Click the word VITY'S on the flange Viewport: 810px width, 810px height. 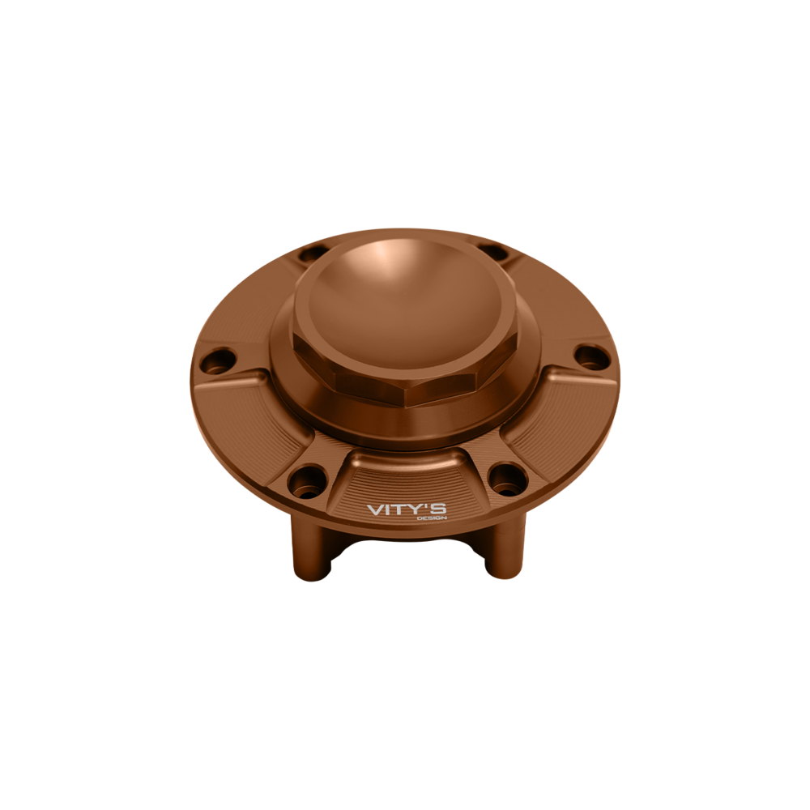(x=407, y=509)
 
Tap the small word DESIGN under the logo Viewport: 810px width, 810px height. (x=435, y=518)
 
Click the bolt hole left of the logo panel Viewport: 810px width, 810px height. (x=308, y=481)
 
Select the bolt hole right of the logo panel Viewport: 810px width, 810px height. (x=507, y=480)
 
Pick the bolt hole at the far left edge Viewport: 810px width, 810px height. (x=218, y=361)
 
